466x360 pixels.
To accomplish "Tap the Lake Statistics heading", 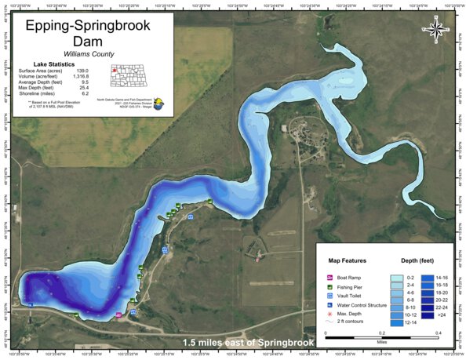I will pyautogui.click(x=54, y=64).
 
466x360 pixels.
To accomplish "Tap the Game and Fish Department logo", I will pyautogui.click(x=161, y=102).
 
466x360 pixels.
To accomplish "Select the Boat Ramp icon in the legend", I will pyautogui.click(x=329, y=278).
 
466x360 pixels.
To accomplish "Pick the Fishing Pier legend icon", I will pyautogui.click(x=329, y=288).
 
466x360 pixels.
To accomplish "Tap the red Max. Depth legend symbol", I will pyautogui.click(x=329, y=314).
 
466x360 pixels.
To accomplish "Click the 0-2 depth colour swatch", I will pyautogui.click(x=398, y=277).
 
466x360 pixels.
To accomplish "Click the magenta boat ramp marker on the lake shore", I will pyautogui.click(x=118, y=315).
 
